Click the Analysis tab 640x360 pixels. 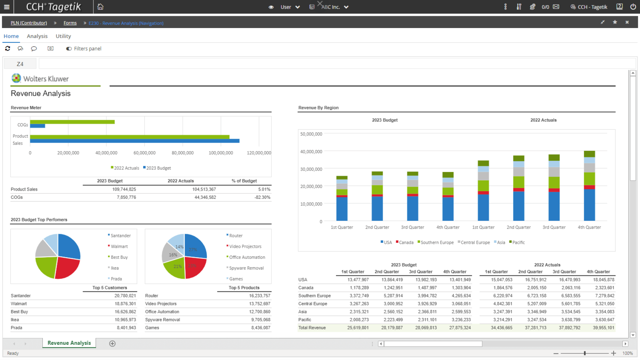click(37, 36)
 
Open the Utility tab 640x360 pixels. click(63, 36)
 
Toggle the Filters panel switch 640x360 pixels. click(69, 49)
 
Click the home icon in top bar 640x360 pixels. click(100, 7)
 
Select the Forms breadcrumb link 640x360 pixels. click(70, 23)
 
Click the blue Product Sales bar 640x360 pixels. click(134, 141)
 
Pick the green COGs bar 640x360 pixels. click(72, 122)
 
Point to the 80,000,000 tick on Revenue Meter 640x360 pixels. click(182, 153)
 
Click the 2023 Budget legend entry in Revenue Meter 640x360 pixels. click(158, 168)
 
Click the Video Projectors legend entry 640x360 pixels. click(245, 246)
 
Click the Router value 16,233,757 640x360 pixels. click(259, 296)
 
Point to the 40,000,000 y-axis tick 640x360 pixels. click(311, 152)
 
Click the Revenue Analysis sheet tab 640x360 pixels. click(69, 343)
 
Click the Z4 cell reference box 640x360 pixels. click(20, 64)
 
